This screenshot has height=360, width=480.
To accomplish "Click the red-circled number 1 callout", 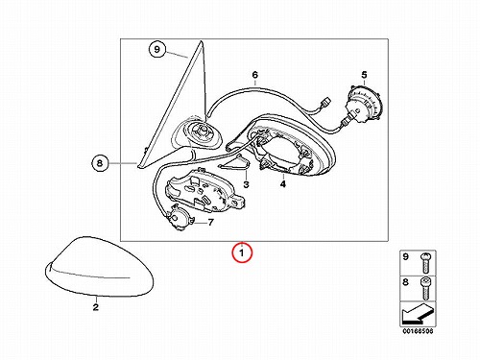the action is (x=242, y=252).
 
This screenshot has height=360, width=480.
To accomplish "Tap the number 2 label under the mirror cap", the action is (x=95, y=307).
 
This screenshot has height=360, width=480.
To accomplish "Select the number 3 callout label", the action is (x=246, y=184).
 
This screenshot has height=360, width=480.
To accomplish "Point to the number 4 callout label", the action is (x=283, y=184).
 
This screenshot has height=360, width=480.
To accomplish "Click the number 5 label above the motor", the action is (x=364, y=75).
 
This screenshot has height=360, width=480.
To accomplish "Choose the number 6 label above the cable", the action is (x=254, y=75).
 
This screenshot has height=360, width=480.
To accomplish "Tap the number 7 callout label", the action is (x=210, y=222).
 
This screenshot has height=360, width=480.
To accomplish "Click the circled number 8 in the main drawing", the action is (x=100, y=163).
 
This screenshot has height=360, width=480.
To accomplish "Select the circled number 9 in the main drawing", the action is (x=156, y=49).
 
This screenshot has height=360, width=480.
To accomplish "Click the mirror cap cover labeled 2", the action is (x=100, y=267).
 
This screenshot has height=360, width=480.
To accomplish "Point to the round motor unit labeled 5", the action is (x=365, y=104).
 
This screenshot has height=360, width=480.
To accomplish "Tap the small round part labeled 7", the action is (x=179, y=217).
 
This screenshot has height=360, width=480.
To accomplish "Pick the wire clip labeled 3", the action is (x=236, y=162).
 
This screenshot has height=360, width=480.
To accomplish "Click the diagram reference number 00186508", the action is (x=418, y=331).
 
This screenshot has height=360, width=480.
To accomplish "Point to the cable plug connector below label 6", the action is (x=325, y=105).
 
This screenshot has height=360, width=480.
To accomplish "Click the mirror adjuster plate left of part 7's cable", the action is (x=204, y=191).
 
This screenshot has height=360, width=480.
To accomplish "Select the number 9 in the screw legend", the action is (x=405, y=256).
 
